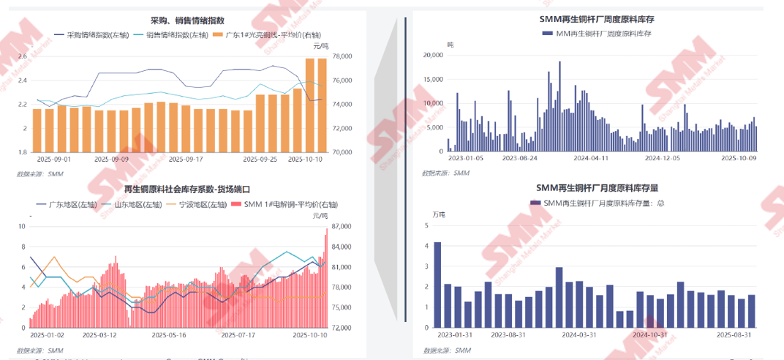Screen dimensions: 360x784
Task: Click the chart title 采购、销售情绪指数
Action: coord(187,21)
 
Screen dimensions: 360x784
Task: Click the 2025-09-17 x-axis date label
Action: coord(186,158)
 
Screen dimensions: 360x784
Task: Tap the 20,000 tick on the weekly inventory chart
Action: coord(431,55)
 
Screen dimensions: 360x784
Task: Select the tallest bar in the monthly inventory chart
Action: coord(437,284)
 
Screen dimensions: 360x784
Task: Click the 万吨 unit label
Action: coord(438,214)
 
